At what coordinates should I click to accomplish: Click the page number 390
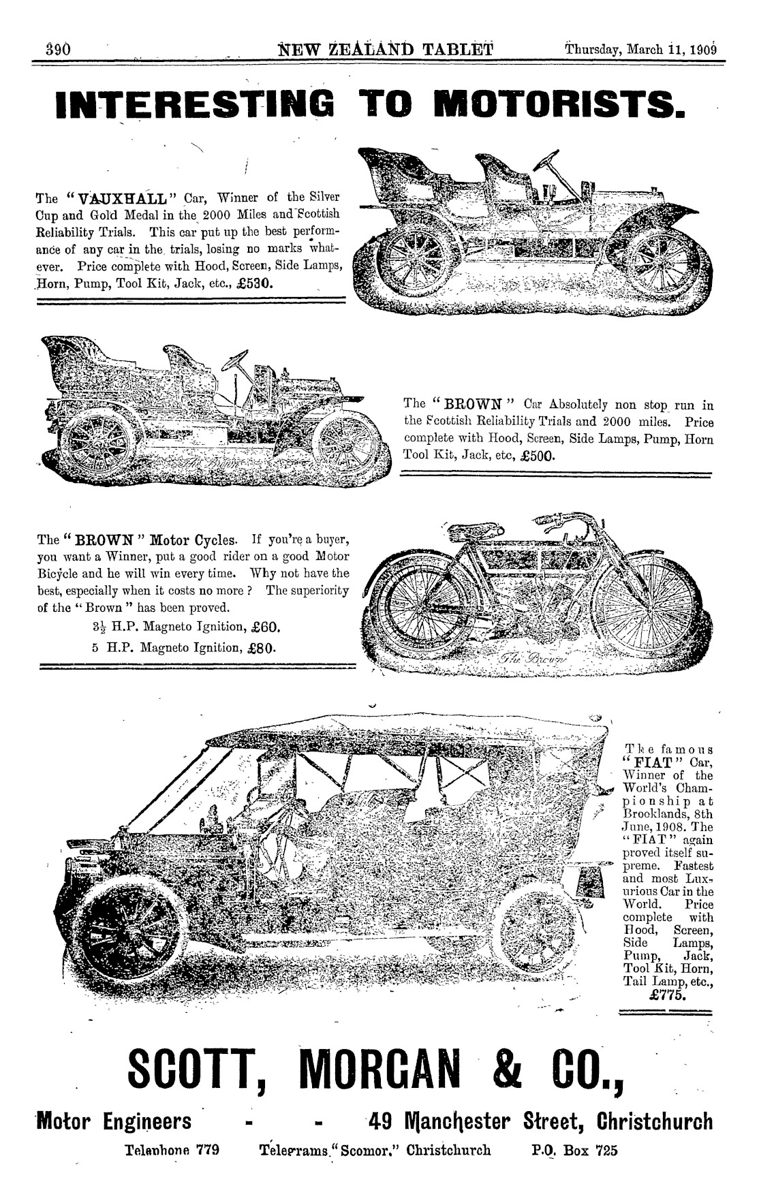pos(52,50)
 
